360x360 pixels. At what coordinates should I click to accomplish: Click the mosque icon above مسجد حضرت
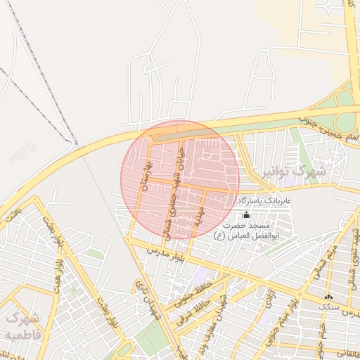245,214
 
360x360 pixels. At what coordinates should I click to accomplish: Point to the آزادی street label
270,299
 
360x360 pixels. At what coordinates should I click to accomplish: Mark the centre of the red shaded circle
180,180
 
